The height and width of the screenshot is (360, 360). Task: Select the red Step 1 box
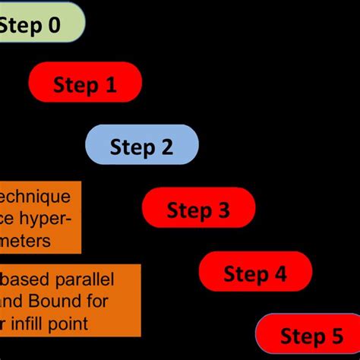[85, 83]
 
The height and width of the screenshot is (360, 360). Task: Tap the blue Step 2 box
[142, 146]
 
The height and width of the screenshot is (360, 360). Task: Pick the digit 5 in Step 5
[336, 336]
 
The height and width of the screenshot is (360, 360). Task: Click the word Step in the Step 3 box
[188, 210]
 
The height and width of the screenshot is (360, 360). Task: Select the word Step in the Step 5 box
[302, 336]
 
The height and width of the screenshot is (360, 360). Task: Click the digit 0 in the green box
[53, 25]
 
